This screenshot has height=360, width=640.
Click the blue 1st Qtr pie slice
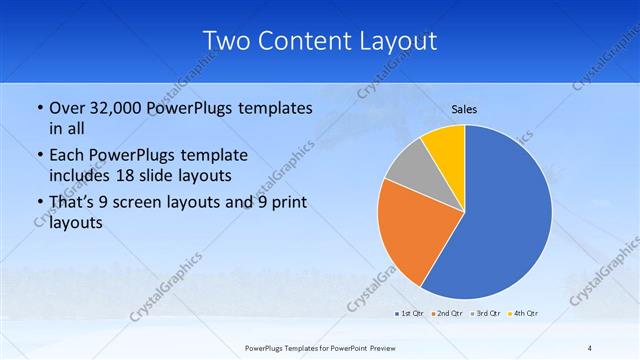[x=500, y=220]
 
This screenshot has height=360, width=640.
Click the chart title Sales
[x=466, y=108]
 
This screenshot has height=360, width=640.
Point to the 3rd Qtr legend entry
[x=487, y=314]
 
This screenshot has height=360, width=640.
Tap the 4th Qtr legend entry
[x=526, y=314]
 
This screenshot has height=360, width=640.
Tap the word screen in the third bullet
[x=143, y=203]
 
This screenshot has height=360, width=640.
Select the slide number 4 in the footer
[x=590, y=348]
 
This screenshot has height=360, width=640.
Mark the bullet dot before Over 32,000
[x=39, y=109]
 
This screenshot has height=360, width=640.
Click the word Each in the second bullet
[x=66, y=156]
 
